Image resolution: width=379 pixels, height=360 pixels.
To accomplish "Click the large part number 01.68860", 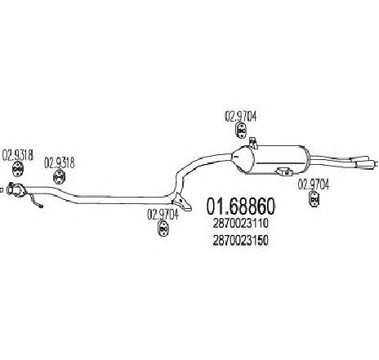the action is (x=241, y=207).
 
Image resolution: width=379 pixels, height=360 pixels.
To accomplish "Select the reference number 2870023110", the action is (x=241, y=224).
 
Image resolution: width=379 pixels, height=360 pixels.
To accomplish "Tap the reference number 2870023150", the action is (x=241, y=240).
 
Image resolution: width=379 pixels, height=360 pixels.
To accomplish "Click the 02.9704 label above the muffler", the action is (x=240, y=117).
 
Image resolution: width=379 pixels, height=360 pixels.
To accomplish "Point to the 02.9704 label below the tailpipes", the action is (x=314, y=184).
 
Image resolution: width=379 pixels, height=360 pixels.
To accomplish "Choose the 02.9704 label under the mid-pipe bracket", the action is (x=163, y=215).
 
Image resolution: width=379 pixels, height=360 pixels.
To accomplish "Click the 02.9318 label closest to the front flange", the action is (x=18, y=155).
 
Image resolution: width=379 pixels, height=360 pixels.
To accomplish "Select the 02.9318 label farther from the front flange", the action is (x=60, y=163).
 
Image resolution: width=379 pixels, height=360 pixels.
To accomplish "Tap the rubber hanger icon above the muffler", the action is (x=241, y=131).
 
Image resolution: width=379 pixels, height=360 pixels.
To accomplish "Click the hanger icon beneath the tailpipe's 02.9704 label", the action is (x=314, y=199).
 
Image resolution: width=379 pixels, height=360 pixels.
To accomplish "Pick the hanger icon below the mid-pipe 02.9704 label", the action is (x=163, y=229).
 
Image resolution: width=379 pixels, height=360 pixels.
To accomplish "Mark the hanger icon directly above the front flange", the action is (x=18, y=170).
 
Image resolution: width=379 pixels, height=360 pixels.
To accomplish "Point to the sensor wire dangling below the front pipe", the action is (x=36, y=201).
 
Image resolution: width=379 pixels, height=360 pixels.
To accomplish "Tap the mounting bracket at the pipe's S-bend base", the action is (x=182, y=202).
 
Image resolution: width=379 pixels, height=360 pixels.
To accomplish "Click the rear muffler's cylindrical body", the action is (x=280, y=159).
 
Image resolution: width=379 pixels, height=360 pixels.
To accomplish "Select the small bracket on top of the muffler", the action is (x=253, y=143).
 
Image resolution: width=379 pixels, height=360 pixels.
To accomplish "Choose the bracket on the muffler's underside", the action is (x=284, y=172).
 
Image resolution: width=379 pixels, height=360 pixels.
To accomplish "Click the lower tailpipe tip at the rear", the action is (x=366, y=165).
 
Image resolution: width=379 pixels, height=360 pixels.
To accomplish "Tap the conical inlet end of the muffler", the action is (x=242, y=159).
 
